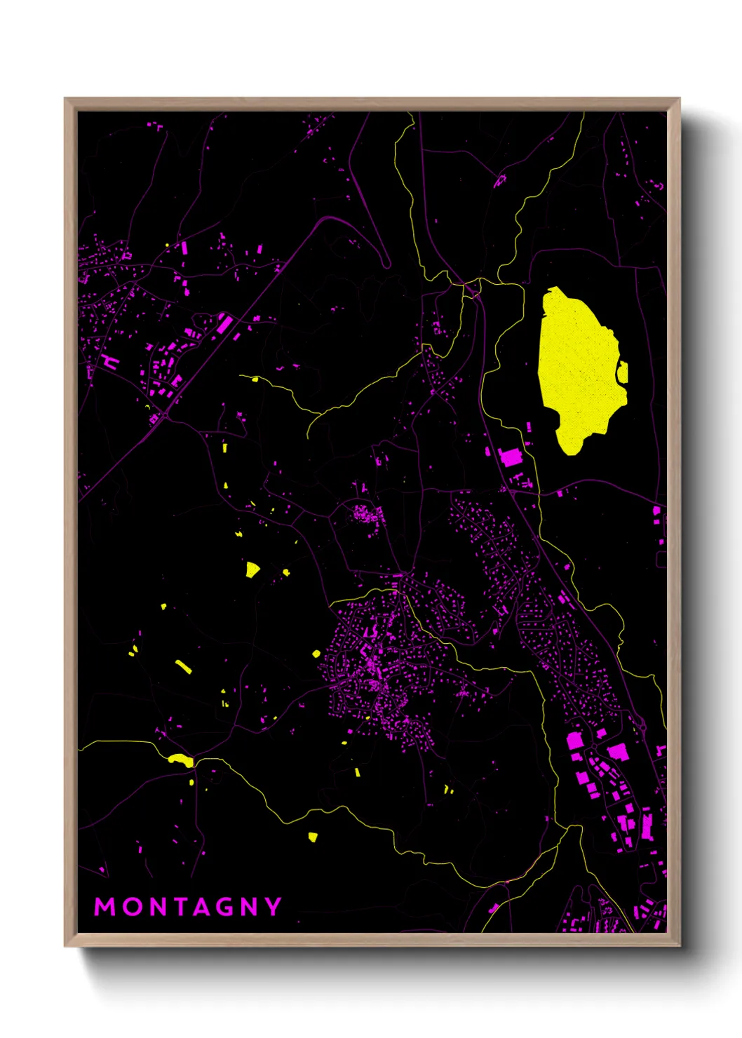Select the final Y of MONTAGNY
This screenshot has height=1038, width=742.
click(273, 907)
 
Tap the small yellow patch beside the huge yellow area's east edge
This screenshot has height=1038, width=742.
click(622, 372)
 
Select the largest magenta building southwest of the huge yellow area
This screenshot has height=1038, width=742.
click(511, 457)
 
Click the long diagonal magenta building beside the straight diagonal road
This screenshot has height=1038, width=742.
click(224, 323)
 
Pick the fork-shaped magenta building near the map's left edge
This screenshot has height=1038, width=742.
click(109, 362)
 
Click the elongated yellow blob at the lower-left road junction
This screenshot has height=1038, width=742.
click(181, 759)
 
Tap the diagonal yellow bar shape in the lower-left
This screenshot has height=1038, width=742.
click(183, 666)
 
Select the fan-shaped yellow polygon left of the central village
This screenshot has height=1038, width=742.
click(252, 569)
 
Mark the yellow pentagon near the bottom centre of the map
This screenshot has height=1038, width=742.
click(313, 836)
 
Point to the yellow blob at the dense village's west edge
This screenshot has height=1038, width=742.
click(316, 654)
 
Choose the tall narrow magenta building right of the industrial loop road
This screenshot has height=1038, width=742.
click(647, 825)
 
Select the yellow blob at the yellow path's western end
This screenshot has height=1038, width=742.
click(255, 379)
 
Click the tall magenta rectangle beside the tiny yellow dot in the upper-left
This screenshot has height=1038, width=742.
click(184, 248)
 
